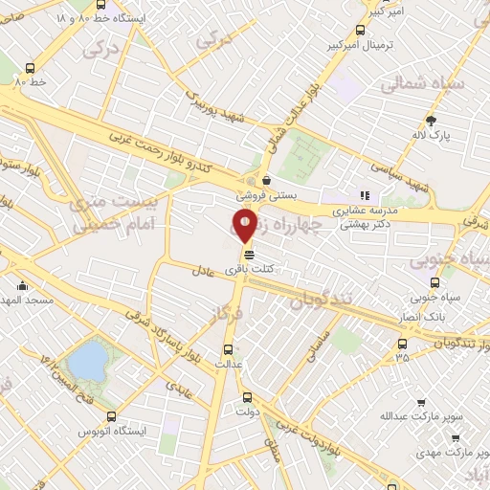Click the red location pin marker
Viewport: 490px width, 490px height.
244,226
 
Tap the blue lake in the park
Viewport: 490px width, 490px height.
89,361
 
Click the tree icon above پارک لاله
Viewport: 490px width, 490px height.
432,121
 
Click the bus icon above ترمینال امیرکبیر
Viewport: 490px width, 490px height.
360,29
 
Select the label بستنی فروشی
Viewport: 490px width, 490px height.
264,193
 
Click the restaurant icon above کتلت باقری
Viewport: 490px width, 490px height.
249,255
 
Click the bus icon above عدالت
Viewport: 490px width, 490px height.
228,349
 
